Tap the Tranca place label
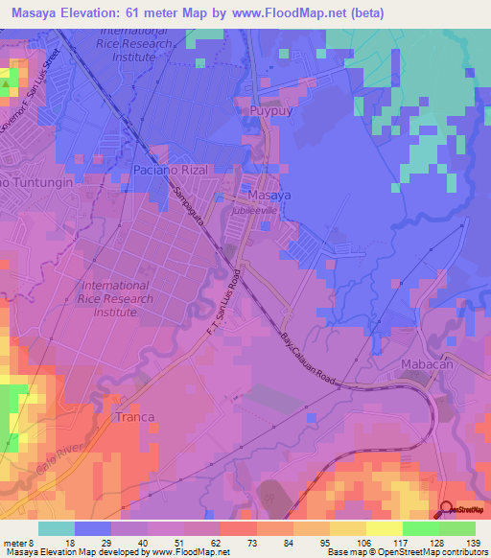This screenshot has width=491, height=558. click(x=134, y=417)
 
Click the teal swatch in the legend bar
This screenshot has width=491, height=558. click(x=57, y=528)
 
